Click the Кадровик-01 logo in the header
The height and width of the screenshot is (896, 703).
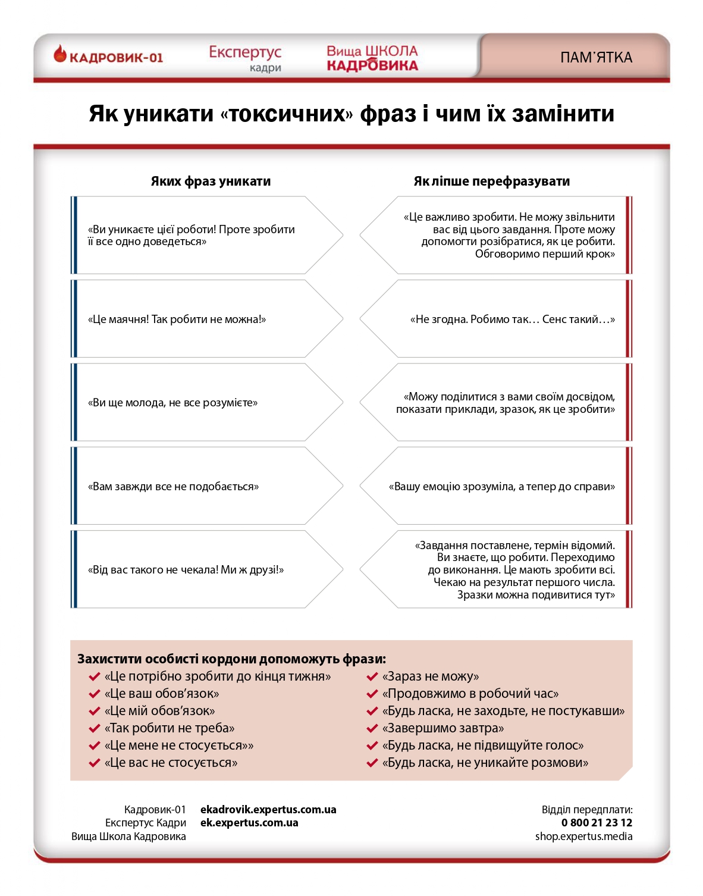(108, 57)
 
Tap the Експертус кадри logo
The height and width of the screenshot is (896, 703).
(245, 58)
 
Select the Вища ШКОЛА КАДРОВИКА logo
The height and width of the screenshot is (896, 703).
(372, 58)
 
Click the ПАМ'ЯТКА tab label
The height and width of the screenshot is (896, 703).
(596, 58)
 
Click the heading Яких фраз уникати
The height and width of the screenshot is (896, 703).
(211, 181)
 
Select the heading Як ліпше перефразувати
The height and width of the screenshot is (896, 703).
(491, 181)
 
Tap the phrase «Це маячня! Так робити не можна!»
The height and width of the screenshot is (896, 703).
(177, 319)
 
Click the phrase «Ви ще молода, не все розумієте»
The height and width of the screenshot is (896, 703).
(172, 403)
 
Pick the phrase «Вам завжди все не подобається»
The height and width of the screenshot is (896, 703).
(173, 487)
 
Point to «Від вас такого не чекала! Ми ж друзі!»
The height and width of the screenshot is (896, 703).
(186, 570)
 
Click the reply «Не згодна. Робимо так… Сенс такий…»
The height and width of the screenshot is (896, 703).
(512, 319)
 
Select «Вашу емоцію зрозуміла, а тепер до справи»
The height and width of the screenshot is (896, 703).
(501, 487)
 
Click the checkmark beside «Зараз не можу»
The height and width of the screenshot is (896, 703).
(372, 676)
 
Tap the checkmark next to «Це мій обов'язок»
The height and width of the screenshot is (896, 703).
(94, 711)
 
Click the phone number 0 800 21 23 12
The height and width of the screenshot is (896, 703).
(597, 823)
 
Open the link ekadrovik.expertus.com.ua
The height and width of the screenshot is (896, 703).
(268, 810)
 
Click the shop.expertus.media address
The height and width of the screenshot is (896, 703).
(583, 837)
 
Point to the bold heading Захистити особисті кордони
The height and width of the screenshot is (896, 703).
(231, 659)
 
